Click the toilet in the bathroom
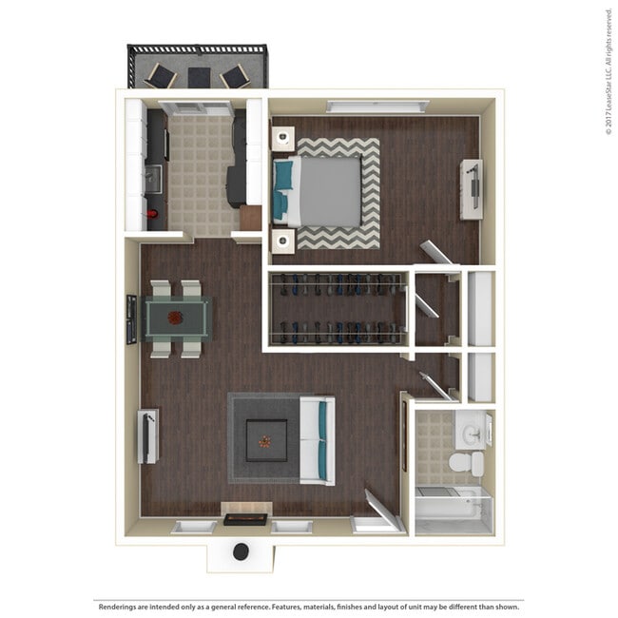467,463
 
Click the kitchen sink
154,179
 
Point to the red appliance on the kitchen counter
152,214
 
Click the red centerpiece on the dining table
175,318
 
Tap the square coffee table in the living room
267,440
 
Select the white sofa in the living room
318,440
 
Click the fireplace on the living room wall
245,519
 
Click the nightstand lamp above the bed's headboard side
283,138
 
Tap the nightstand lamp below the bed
282,241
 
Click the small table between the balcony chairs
199,78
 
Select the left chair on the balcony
161,76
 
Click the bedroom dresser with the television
472,189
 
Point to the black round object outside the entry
241,551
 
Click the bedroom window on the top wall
377,106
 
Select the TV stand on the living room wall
148,436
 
